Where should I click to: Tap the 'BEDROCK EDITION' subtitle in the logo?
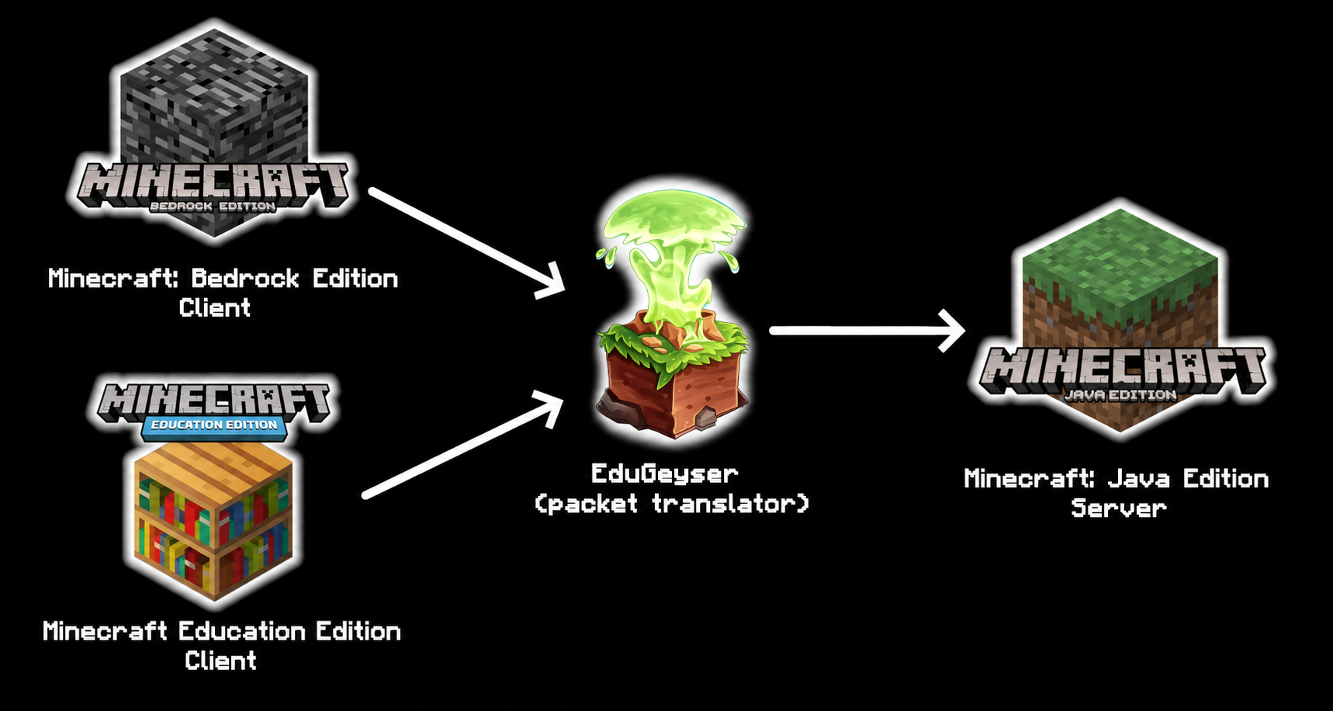tap(213, 206)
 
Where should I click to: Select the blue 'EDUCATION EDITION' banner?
tap(214, 425)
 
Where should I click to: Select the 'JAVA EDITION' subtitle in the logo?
tap(1120, 394)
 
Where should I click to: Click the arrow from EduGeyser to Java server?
tap(867, 331)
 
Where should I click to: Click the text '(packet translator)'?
tap(672, 504)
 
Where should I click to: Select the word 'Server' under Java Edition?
tap(1119, 508)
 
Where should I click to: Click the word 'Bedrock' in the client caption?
tap(245, 278)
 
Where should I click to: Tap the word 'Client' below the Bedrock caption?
tap(215, 308)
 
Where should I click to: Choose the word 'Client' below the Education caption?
tap(221, 661)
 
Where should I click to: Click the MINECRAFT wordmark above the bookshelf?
tap(215, 401)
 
